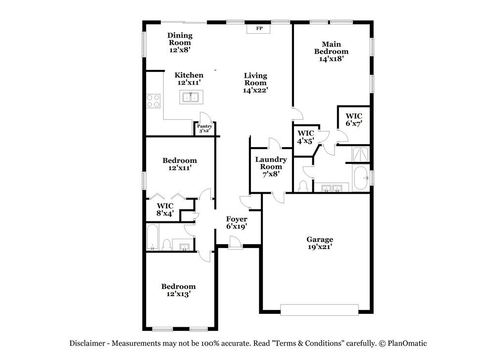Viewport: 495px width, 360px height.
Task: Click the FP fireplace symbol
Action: (x=258, y=28)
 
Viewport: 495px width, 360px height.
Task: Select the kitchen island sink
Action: (x=190, y=98)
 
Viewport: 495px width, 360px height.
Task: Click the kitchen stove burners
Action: (x=153, y=101)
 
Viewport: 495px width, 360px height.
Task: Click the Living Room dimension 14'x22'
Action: (x=255, y=91)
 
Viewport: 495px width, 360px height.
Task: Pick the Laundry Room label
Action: (x=271, y=163)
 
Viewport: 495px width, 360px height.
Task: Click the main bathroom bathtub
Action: (x=360, y=177)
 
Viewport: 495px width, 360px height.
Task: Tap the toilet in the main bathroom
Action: (x=303, y=186)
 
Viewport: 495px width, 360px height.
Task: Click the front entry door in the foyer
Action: (x=236, y=242)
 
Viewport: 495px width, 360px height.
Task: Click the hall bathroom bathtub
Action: (x=153, y=237)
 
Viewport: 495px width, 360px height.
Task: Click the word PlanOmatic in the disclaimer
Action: (x=407, y=343)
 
